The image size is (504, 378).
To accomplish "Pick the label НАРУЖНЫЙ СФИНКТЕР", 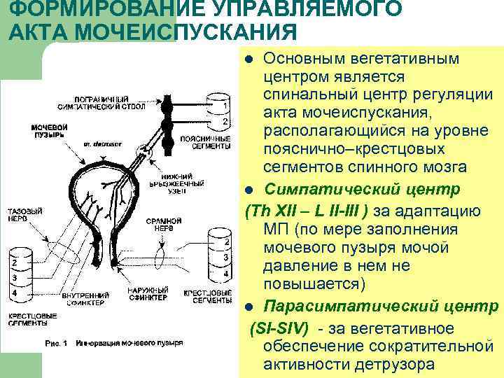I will [147, 295].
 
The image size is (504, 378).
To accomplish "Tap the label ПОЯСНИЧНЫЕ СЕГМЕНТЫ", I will [206, 143].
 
